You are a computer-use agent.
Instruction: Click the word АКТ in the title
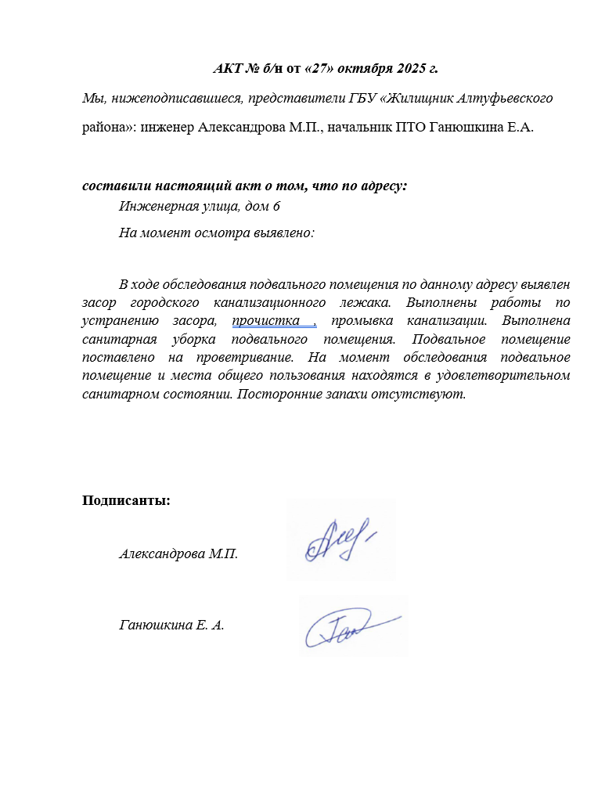[x=228, y=68]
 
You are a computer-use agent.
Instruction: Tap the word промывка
[x=366, y=321]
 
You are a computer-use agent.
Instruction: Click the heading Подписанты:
[x=126, y=501]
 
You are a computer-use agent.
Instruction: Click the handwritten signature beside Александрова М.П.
[x=340, y=540]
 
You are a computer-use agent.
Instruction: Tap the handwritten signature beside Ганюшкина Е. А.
[x=352, y=625]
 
